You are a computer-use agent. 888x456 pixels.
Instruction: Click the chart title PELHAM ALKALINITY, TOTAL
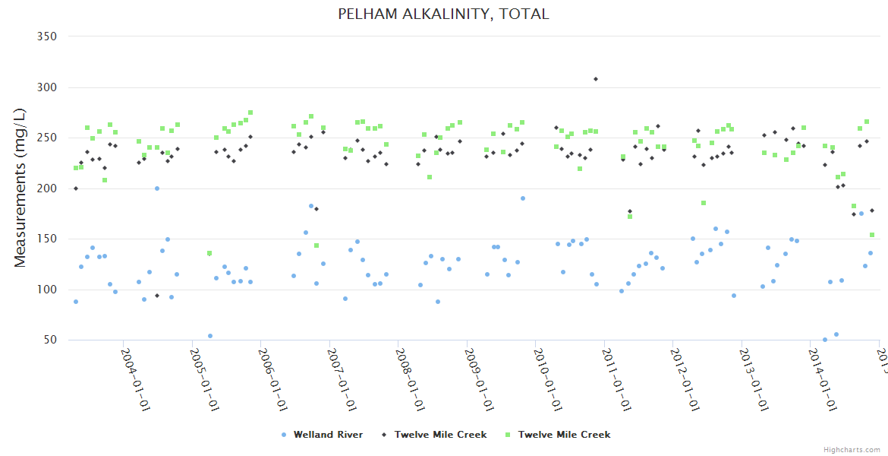click(443, 14)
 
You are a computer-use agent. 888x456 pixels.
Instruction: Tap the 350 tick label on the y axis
click(47, 36)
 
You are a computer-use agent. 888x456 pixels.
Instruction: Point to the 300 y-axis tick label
click(47, 87)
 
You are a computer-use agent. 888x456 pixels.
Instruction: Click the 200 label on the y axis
click(47, 188)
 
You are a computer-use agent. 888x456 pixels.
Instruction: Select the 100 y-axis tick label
click(47, 290)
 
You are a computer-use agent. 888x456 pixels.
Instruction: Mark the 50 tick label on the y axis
click(50, 340)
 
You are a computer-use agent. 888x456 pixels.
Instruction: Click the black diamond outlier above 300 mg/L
click(596, 79)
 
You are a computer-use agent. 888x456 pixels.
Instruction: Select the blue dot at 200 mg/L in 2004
click(157, 188)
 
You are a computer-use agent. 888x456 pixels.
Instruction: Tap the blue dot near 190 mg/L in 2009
click(522, 198)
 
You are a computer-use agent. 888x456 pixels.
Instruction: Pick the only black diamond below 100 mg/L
click(157, 296)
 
